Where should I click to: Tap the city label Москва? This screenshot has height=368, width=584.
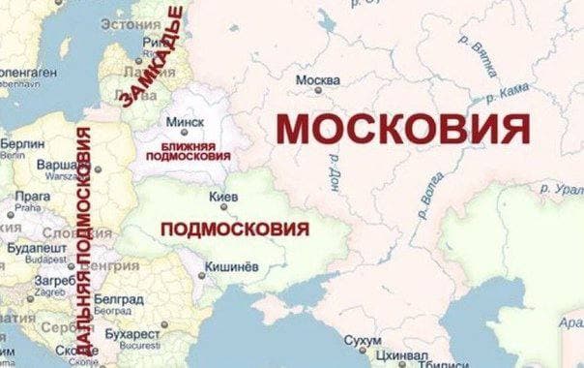point(318,79)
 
